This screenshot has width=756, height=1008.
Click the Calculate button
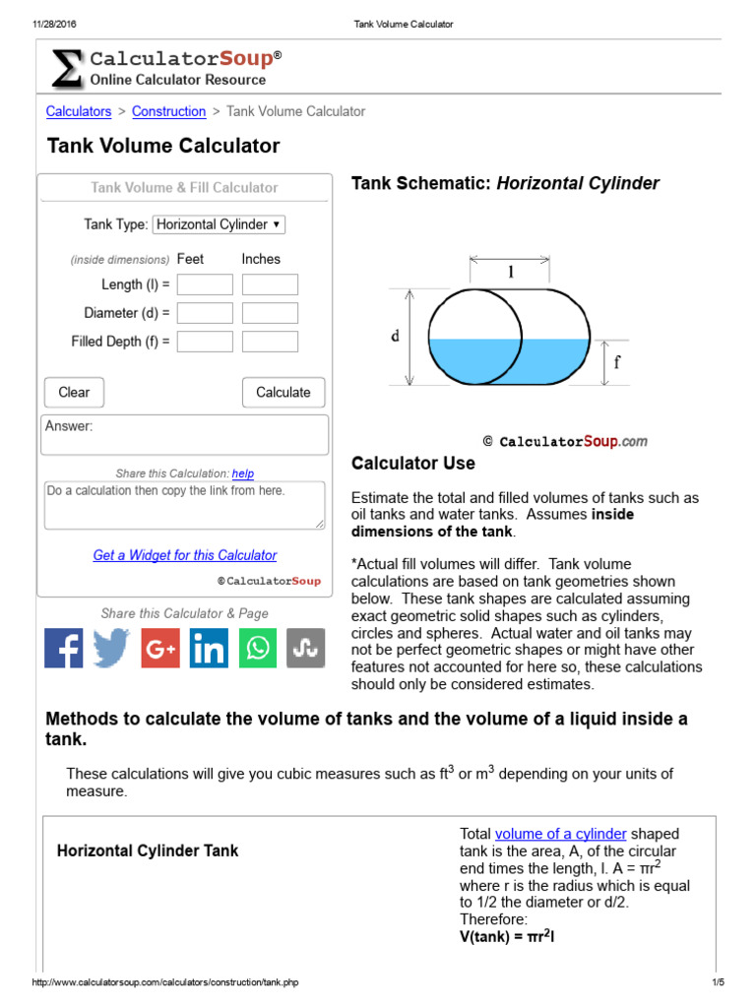pos(283,392)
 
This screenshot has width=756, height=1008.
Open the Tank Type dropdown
pos(219,224)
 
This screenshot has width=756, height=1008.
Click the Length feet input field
pos(205,284)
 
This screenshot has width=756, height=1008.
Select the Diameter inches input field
pos(270,313)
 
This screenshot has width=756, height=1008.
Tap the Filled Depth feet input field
pos(205,342)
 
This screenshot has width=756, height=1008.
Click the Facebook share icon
pos(64,649)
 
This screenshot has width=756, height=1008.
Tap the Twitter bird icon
pos(112,649)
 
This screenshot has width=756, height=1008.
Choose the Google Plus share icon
pos(160,649)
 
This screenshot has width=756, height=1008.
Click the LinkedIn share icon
pos(209,649)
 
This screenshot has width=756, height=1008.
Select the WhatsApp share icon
pos(257,649)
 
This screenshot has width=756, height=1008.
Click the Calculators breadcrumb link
pos(79,111)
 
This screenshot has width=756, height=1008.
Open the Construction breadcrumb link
pos(168,111)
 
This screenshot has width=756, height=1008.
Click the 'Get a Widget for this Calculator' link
pos(185,555)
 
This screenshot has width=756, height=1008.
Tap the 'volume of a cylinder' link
pos(560,834)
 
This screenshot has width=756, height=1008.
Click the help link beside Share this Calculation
pos(243,473)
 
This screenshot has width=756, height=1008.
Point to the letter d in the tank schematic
pos(395,336)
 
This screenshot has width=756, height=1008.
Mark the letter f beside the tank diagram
pos(617,361)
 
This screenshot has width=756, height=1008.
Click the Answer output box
pos(185,434)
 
